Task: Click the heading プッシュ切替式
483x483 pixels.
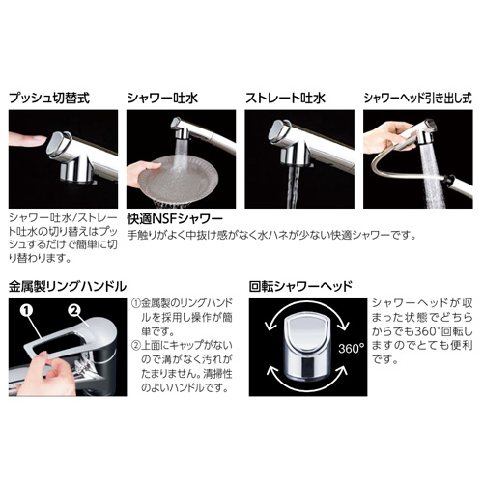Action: click(49, 98)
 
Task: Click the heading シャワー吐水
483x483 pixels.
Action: click(162, 98)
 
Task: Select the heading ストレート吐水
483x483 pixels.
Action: click(285, 98)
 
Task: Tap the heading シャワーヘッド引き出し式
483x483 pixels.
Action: click(418, 98)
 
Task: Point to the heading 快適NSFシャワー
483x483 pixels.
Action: click(175, 219)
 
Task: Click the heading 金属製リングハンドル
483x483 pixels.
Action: click(68, 286)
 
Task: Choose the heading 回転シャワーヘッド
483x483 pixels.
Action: click(300, 286)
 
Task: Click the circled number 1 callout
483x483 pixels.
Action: click(27, 310)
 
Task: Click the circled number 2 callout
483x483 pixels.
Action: click(74, 310)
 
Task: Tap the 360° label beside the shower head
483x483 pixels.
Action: click(351, 348)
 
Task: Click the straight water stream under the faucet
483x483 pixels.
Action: click(293, 187)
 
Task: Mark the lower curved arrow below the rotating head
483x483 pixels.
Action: click(307, 380)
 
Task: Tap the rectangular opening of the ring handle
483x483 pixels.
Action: click(60, 343)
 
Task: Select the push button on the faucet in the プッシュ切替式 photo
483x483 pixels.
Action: click(58, 143)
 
